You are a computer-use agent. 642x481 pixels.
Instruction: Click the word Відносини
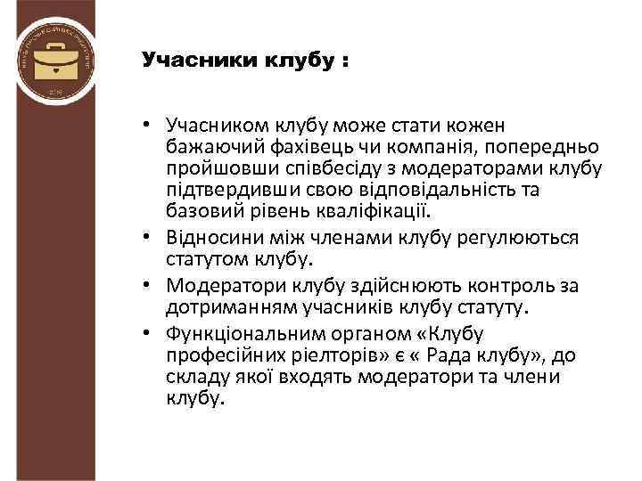pyautogui.click(x=210, y=239)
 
